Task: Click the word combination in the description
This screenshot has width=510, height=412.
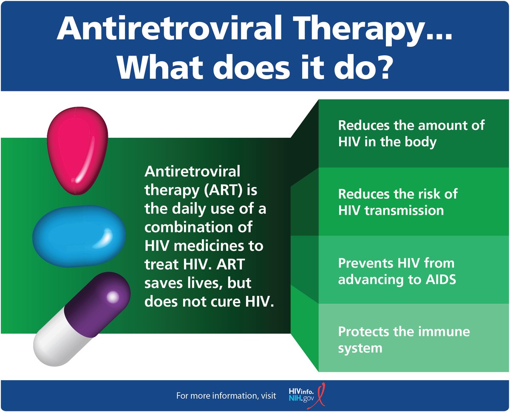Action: click(198, 227)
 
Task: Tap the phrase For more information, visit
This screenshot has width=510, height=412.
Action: click(226, 396)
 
